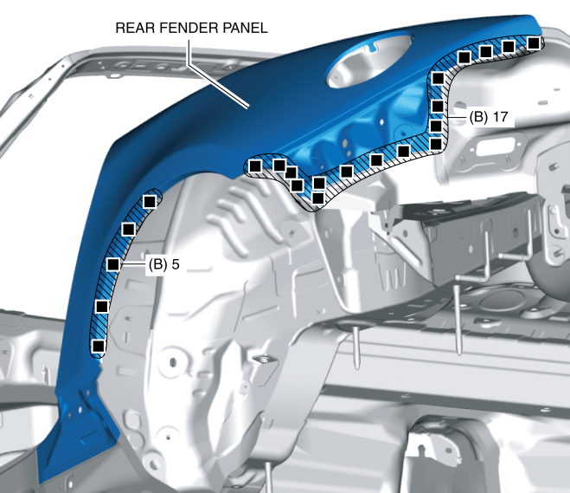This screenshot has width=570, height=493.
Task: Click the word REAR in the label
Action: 134,28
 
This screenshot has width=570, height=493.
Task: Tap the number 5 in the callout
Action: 176,263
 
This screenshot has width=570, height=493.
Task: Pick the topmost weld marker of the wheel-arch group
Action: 149,201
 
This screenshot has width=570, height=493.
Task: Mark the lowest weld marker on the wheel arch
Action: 98,346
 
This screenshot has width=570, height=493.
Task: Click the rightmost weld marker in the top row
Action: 535,42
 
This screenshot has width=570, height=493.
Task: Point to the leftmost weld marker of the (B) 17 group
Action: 256,164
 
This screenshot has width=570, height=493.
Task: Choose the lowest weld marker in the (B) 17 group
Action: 317,198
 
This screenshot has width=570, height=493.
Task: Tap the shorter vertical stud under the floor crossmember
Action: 356,343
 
